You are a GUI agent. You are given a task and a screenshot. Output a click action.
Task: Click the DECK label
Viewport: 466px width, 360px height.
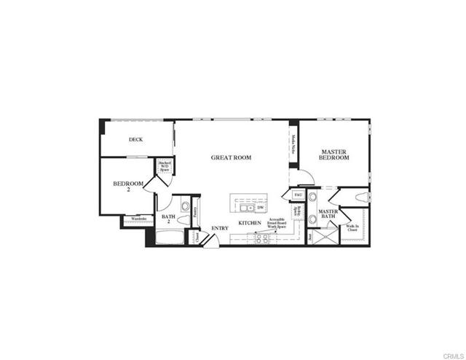pyautogui.click(x=135, y=140)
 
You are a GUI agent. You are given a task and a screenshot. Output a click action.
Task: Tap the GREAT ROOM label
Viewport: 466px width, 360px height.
pyautogui.click(x=231, y=157)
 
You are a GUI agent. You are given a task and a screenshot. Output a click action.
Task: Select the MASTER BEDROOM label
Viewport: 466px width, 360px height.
pyautogui.click(x=335, y=154)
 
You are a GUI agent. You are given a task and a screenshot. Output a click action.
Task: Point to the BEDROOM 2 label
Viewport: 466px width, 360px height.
pyautogui.click(x=127, y=187)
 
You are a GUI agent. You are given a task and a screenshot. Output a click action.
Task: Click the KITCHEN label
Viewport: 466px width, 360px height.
pyautogui.click(x=250, y=223)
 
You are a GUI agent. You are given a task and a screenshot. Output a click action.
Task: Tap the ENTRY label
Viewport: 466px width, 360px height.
pyautogui.click(x=220, y=228)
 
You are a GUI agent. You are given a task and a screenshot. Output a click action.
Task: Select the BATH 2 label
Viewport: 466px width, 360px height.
pyautogui.click(x=168, y=218)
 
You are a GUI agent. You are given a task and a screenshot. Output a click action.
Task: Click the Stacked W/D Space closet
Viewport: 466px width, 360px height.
pyautogui.click(x=165, y=167)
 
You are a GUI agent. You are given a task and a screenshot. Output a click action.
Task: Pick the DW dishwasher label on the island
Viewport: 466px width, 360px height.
pyautogui.click(x=260, y=208)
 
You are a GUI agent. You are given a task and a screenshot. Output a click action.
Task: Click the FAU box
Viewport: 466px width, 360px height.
pyautogui.click(x=298, y=195)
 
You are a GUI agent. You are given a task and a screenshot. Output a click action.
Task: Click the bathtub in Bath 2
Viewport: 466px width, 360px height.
pyautogui.click(x=169, y=237)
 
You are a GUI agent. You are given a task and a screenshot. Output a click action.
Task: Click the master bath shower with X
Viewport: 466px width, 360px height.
pyautogui.click(x=327, y=236)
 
